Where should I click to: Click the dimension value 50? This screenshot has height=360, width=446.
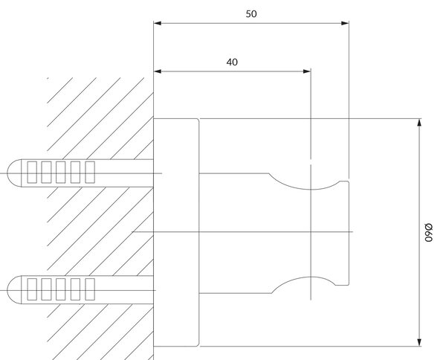pos(251,14)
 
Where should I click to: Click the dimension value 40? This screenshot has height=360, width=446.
pos(232,62)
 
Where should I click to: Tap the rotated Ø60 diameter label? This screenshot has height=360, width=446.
pos(428,233)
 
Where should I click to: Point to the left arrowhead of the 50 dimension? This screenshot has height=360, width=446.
pos(158,23)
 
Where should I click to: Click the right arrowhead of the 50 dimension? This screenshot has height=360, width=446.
pos(345,23)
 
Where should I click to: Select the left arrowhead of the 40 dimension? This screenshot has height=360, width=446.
pos(158,71)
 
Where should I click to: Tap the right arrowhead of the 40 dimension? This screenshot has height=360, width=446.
pos(307,71)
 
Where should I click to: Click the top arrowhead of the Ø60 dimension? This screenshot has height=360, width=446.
pos(419,123)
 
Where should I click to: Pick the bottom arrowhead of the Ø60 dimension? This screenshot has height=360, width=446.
pos(419,342)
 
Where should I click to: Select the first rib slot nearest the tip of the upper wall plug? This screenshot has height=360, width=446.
pos(32,172)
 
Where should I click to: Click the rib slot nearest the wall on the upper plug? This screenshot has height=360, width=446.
pos(90,172)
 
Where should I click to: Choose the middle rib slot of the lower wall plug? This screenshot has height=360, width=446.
pos(61,289)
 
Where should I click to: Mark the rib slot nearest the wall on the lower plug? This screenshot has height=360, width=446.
pos(90,289)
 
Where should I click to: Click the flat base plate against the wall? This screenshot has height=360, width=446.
pos(176,232)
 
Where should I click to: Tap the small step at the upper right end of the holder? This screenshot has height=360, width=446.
pos(345,181)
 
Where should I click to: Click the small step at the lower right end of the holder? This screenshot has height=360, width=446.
pos(343,284)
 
